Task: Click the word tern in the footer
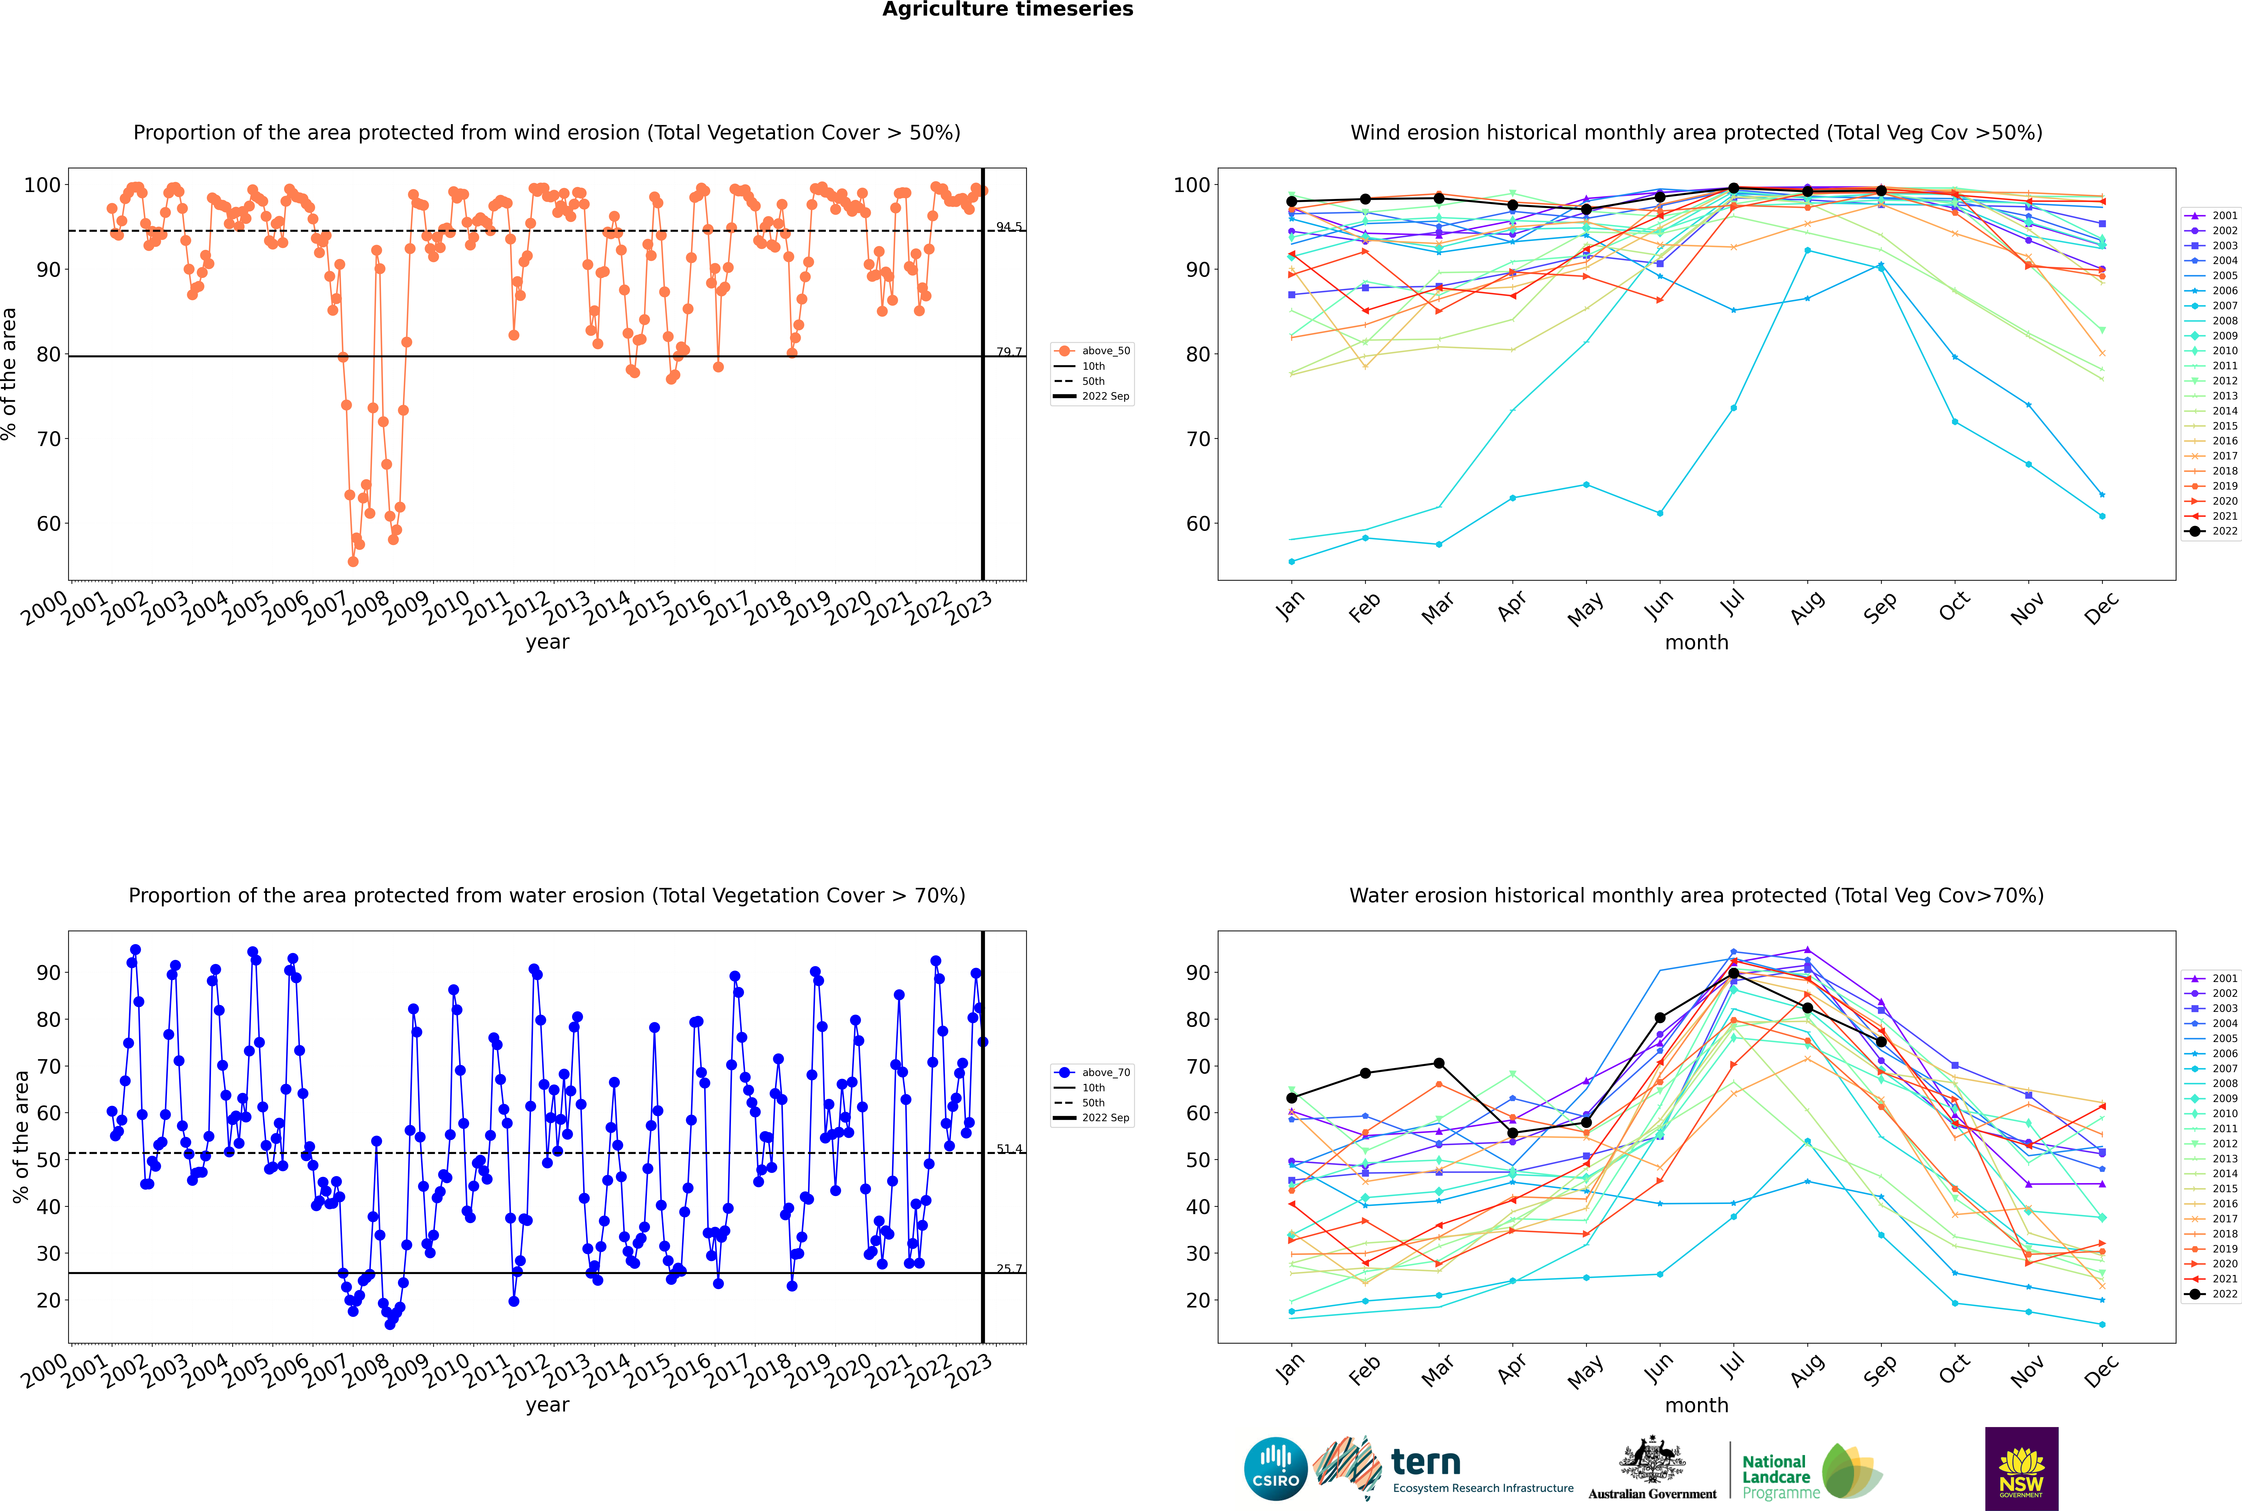pos(1426,1463)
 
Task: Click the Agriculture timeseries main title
pos(1007,10)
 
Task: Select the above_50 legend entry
pos(1105,351)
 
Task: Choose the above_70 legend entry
pos(1105,1073)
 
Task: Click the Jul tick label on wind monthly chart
pos(1732,604)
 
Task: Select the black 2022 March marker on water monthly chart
pos(1439,1063)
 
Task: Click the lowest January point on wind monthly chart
pos(1292,561)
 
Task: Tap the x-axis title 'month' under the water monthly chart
pos(1696,1405)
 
